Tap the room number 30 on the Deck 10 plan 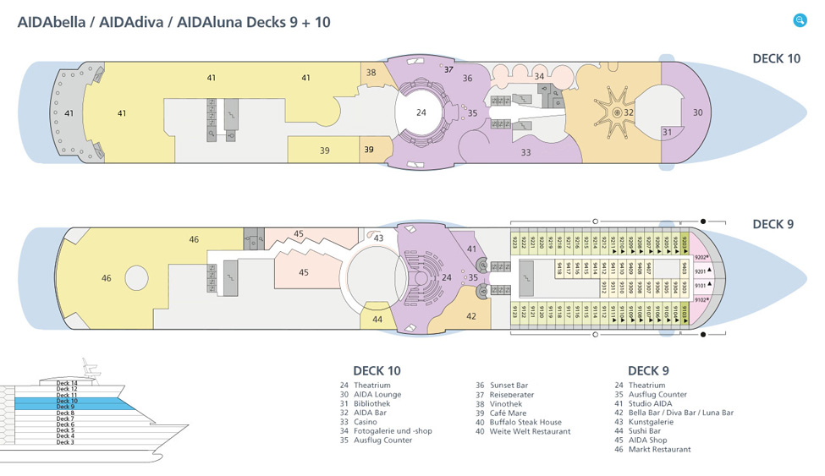pyautogui.click(x=697, y=112)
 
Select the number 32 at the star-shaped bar pyautogui.click(x=629, y=112)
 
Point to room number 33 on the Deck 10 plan pyautogui.click(x=525, y=152)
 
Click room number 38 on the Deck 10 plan pyautogui.click(x=371, y=73)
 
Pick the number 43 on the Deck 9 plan pyautogui.click(x=378, y=238)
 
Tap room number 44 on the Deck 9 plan pyautogui.click(x=377, y=319)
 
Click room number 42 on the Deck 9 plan pyautogui.click(x=471, y=316)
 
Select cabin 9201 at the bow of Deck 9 pyautogui.click(x=700, y=271)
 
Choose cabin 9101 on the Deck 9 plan pyautogui.click(x=700, y=286)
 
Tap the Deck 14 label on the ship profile pyautogui.click(x=67, y=383)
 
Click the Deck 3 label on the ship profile pyautogui.click(x=65, y=442)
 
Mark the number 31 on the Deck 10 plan pyautogui.click(x=667, y=132)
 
